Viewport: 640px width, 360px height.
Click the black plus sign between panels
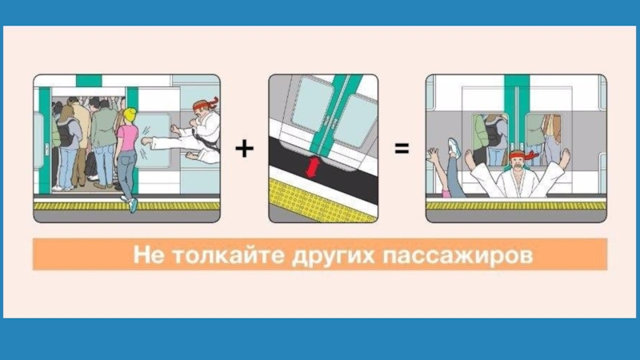[244, 148]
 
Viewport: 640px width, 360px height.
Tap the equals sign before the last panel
[402, 148]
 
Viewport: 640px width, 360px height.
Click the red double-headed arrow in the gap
[313, 168]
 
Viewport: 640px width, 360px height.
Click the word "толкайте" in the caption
[228, 254]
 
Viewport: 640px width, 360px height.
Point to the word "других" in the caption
[333, 256]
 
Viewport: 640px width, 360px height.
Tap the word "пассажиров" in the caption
[458, 256]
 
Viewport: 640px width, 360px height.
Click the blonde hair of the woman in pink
[130, 114]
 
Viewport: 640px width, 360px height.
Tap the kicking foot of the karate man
[146, 142]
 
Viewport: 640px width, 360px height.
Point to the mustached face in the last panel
[517, 162]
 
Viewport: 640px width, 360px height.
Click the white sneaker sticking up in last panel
[454, 148]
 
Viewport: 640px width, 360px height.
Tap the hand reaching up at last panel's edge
[432, 156]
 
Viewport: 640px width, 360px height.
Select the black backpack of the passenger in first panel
[66, 132]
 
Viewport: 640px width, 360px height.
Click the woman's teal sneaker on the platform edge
[133, 205]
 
